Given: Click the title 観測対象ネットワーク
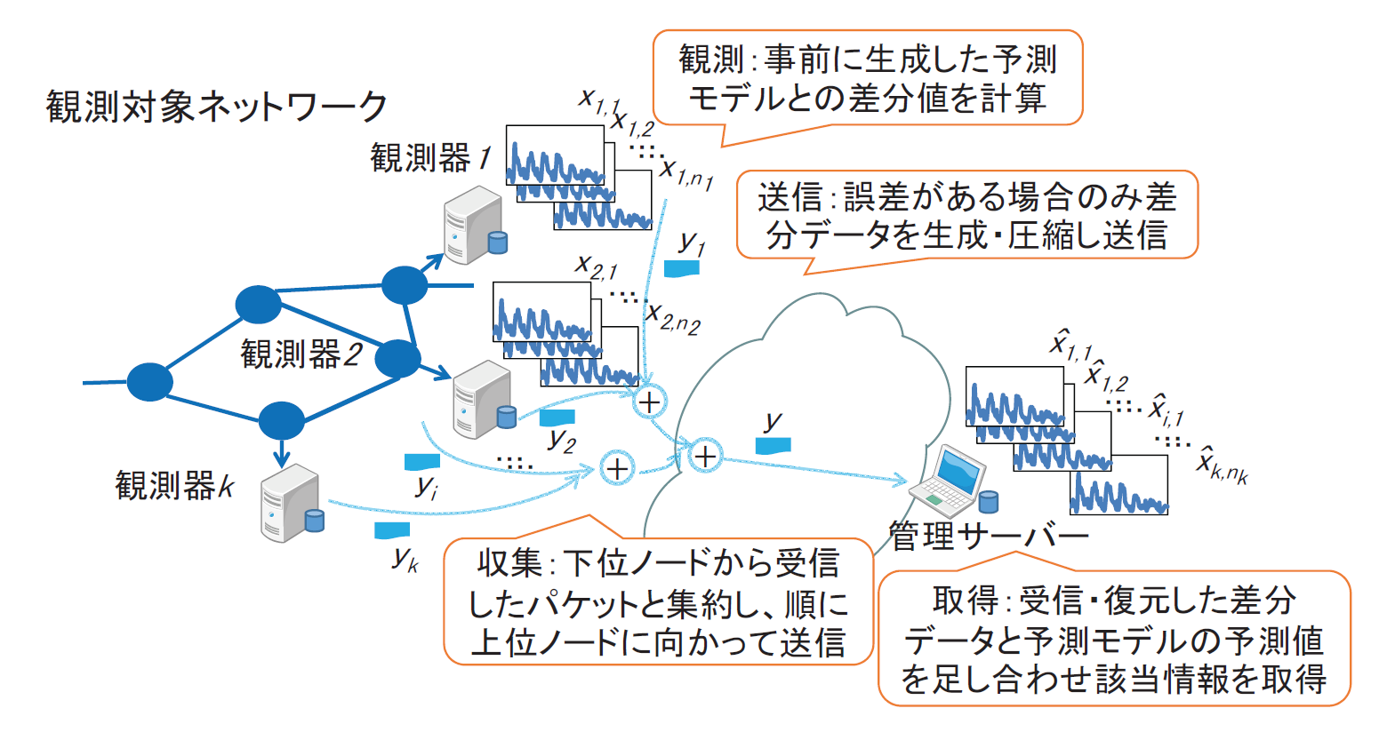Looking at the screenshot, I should click(x=216, y=107).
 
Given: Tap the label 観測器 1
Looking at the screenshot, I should click(x=430, y=159).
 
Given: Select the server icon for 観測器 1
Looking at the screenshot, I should click(x=474, y=226).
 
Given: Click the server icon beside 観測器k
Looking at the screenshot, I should click(x=290, y=503).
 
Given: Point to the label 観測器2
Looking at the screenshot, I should click(x=301, y=354).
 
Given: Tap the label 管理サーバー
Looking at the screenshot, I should click(x=989, y=536).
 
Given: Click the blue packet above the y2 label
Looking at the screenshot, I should click(x=557, y=417).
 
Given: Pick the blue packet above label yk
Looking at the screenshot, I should click(x=392, y=530).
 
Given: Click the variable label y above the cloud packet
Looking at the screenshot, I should click(x=774, y=420).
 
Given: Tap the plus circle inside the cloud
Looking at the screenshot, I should click(x=705, y=457).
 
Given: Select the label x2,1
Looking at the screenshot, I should click(x=596, y=266).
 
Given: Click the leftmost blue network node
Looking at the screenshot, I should click(x=149, y=382).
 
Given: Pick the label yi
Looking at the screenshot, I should click(x=427, y=487).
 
